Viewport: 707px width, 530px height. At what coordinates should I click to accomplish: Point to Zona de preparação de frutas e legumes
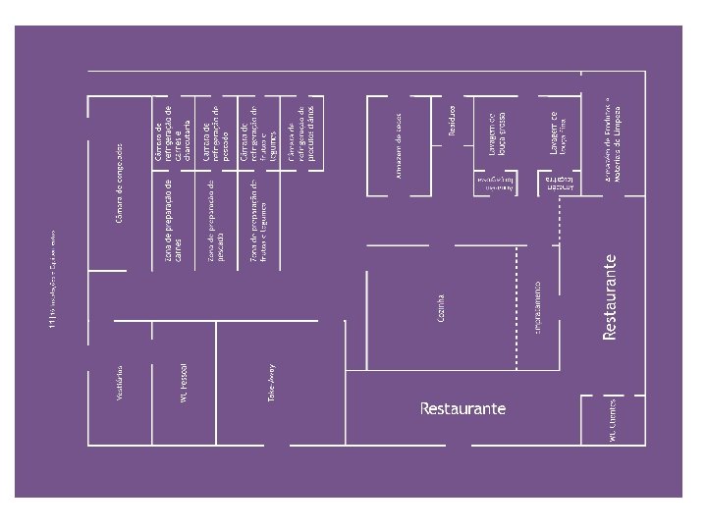pyautogui.click(x=258, y=222)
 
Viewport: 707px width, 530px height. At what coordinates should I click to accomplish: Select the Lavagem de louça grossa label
pyautogui.click(x=496, y=133)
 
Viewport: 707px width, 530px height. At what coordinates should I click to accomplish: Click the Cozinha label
pyautogui.click(x=442, y=307)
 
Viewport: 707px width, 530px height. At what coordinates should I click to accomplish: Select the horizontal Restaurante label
pyautogui.click(x=462, y=407)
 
